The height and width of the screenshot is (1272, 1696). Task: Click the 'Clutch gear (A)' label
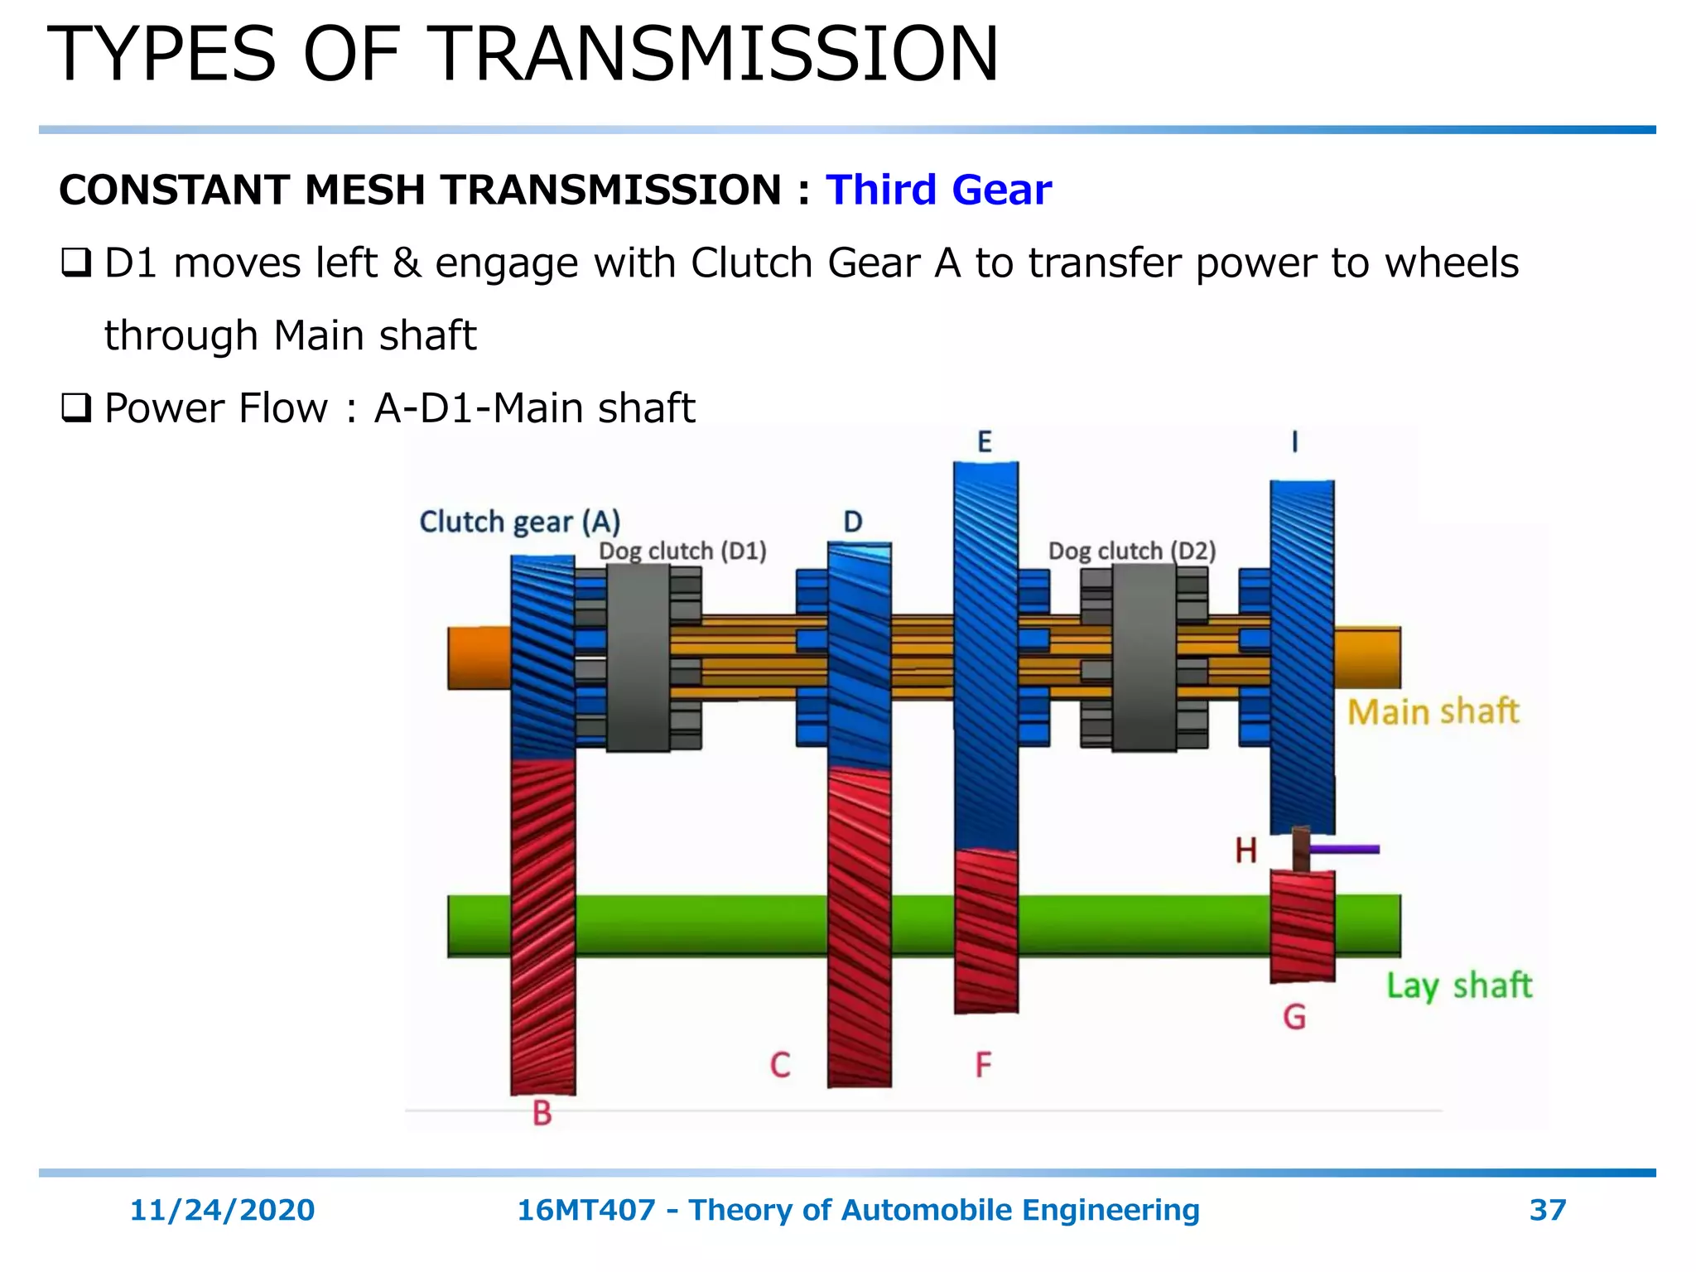519,523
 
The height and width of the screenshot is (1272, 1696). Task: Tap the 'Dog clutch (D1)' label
682,551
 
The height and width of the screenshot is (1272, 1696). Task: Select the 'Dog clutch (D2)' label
1131,551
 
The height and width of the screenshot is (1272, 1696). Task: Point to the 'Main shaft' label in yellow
1433,712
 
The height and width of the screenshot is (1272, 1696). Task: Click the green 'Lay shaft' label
1459,985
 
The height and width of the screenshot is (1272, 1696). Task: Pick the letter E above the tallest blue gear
984,442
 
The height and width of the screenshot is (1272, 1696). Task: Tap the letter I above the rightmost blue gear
1294,442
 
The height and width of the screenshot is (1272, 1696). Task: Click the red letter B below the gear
542,1113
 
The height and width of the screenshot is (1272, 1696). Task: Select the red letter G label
1294,1017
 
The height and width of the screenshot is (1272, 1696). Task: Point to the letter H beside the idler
1245,850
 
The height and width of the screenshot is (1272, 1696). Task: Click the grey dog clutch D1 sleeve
638,658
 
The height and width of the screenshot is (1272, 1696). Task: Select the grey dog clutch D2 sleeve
1144,658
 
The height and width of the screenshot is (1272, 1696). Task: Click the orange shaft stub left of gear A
479,658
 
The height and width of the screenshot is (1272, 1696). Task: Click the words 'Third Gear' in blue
938,190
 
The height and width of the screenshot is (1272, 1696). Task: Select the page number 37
1547,1210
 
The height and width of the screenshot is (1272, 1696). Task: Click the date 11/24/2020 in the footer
222,1210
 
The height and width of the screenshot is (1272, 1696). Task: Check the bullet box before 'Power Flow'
75,408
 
